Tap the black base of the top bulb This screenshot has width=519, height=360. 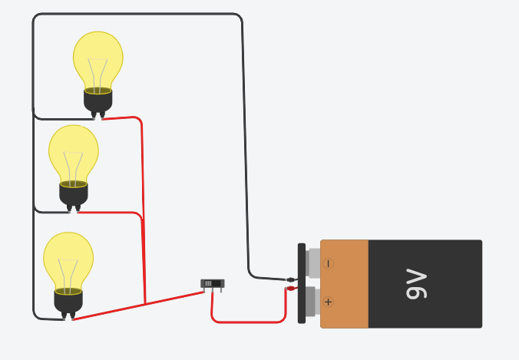point(98,101)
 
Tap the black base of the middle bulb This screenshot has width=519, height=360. point(74,193)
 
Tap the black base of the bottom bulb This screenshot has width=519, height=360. point(68,301)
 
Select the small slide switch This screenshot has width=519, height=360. point(212,283)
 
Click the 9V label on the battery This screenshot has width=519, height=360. point(415,284)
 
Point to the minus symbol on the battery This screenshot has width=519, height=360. point(329,263)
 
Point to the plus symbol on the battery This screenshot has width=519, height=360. point(329,302)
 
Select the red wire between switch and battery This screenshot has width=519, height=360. point(246,322)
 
